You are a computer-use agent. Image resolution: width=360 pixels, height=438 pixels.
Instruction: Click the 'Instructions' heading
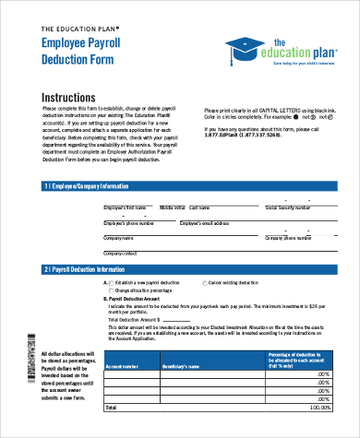(72, 97)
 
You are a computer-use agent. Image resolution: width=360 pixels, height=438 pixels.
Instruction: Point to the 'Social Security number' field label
(288, 208)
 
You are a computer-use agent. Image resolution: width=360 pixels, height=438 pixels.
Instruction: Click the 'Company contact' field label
(120, 252)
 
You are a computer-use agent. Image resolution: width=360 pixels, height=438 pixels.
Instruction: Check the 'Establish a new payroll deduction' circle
(111, 283)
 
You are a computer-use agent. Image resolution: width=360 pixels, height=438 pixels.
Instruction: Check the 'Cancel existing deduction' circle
(205, 283)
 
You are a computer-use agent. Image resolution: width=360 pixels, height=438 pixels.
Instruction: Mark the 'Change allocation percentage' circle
(111, 290)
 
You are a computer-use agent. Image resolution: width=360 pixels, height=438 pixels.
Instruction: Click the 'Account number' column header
(123, 366)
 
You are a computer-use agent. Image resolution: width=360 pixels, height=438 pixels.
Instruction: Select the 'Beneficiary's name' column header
(181, 366)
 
